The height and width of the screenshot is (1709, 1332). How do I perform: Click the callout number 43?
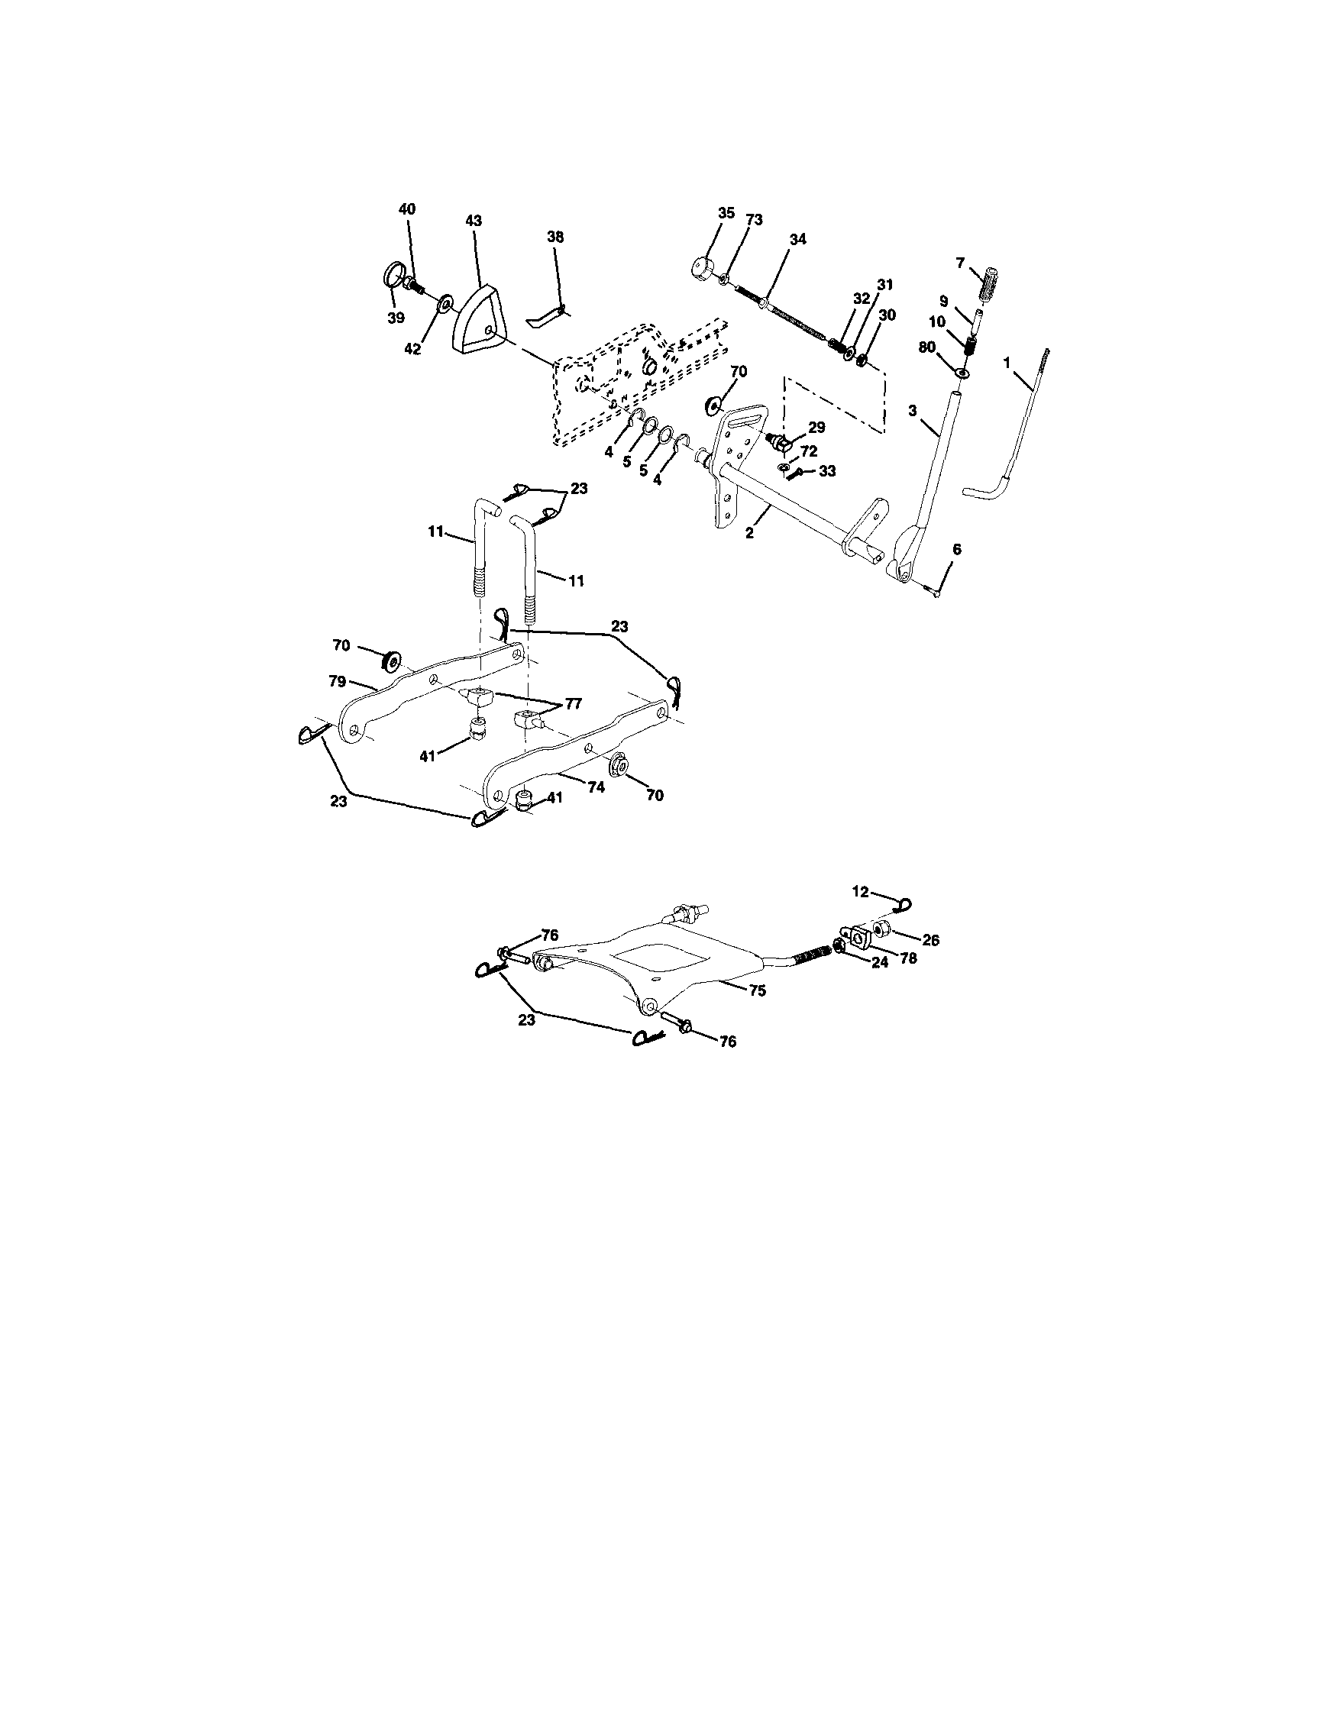(474, 221)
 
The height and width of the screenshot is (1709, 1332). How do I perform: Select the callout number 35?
(726, 213)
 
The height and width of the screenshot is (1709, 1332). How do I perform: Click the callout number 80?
(926, 347)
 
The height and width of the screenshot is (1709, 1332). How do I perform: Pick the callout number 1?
(1007, 362)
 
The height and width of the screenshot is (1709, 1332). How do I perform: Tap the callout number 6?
(955, 550)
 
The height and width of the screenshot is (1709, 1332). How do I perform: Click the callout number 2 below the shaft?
(749, 534)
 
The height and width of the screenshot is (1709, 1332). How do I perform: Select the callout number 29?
(817, 428)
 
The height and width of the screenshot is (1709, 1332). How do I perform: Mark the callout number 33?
(826, 472)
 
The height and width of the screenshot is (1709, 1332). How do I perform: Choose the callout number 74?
(596, 788)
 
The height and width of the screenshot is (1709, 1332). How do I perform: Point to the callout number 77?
(573, 703)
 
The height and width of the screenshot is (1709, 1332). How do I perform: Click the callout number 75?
(757, 990)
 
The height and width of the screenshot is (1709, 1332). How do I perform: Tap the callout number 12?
(860, 890)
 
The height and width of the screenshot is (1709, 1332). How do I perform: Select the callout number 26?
(930, 940)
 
